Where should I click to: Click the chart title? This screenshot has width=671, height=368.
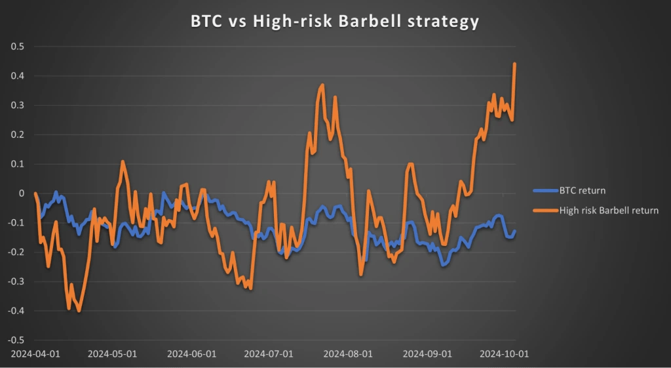335,21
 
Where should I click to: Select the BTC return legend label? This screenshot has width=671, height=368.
582,191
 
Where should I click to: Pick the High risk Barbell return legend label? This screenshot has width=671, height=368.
609,211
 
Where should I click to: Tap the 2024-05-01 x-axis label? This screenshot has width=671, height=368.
112,354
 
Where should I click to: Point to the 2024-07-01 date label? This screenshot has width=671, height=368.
268,354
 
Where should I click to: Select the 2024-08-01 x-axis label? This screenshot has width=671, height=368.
347,354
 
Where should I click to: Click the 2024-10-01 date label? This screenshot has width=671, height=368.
505,354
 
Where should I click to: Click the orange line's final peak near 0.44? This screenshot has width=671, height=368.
514,64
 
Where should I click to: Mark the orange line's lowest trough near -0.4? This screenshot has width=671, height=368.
79,310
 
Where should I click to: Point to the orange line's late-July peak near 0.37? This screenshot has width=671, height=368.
322,85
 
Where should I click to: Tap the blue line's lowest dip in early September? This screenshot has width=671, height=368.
444,265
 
